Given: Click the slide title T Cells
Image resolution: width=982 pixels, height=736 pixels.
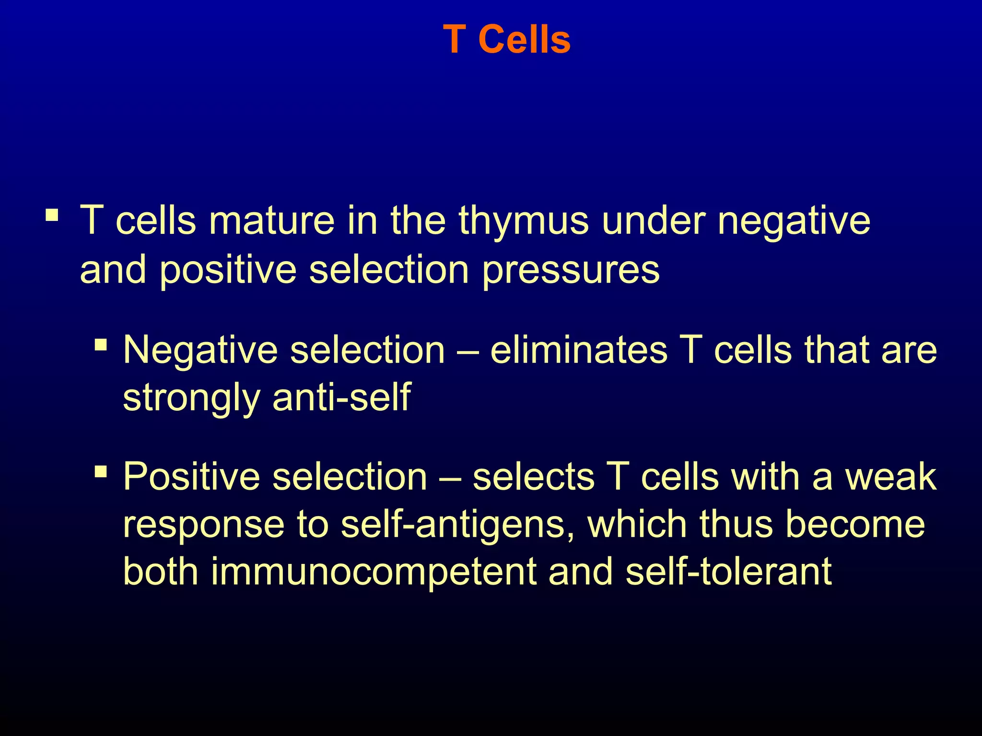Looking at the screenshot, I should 507,40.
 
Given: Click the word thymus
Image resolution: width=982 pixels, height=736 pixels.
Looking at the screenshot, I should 523,221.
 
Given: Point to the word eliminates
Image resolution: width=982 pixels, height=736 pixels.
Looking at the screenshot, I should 578,350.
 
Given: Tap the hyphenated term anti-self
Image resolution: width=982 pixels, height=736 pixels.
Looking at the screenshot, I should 341,397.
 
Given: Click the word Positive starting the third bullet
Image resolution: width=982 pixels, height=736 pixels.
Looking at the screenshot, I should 191,477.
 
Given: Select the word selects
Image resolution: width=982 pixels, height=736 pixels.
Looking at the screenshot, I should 533,477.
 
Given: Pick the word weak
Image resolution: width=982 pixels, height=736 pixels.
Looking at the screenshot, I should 890,477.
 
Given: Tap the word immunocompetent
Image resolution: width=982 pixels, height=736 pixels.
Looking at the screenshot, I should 374,572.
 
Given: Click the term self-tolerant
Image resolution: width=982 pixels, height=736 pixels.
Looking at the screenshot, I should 728,572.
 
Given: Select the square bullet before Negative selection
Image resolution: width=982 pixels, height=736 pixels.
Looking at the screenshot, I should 101,345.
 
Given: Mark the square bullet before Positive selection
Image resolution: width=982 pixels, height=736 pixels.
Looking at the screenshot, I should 101,471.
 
